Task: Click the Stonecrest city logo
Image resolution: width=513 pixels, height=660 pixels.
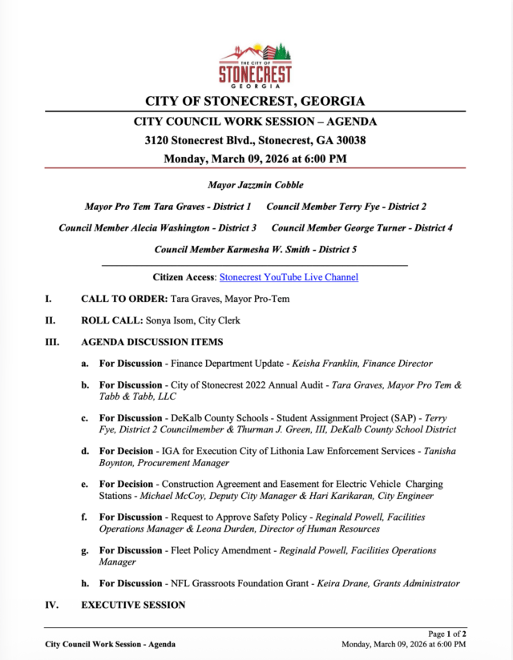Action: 256,64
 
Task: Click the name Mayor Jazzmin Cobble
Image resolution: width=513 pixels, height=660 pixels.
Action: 255,185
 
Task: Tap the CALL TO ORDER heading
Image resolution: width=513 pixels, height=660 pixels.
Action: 123,300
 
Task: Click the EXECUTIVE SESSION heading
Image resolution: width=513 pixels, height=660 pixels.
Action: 133,605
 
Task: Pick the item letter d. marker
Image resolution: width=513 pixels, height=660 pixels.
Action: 84,451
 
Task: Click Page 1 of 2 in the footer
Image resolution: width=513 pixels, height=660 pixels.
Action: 447,634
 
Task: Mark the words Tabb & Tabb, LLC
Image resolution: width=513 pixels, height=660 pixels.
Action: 138,396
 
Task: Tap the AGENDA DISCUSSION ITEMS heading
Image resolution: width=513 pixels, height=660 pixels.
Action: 152,342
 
